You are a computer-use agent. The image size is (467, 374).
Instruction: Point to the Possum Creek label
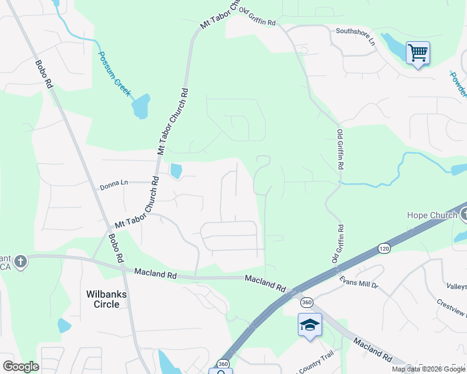(x=115, y=72)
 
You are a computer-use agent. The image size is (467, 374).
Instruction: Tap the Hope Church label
(x=432, y=215)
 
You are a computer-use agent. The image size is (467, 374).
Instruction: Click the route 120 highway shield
(x=384, y=249)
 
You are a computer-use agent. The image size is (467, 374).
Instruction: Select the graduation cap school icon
(x=310, y=325)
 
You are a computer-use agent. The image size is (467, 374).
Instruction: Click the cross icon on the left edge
(x=21, y=261)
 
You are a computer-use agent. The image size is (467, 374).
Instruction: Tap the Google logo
(x=21, y=367)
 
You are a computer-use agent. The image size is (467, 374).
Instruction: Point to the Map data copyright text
(x=428, y=369)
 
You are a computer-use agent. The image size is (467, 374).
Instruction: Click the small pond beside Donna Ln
(x=176, y=170)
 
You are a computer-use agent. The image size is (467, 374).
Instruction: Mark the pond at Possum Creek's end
(x=142, y=107)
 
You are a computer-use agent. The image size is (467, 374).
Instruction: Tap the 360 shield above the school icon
(x=306, y=302)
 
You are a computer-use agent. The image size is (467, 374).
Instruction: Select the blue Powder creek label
(x=458, y=85)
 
